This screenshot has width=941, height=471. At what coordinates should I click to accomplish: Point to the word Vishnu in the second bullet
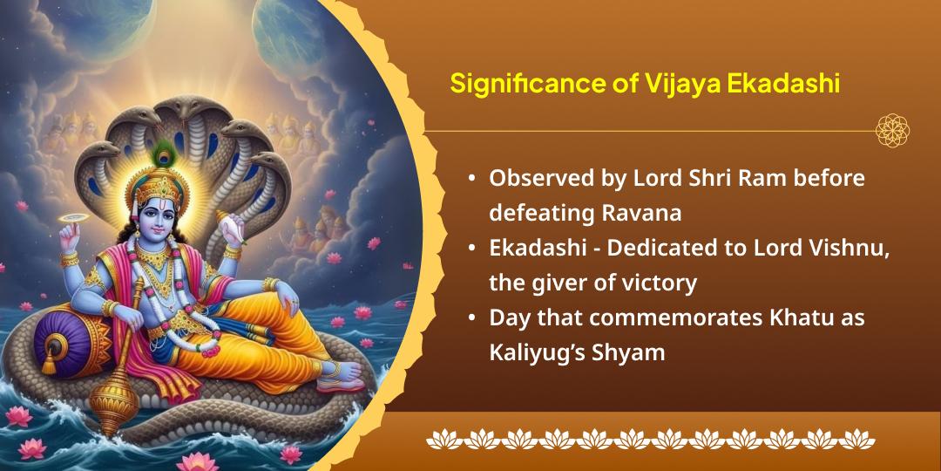(x=858, y=248)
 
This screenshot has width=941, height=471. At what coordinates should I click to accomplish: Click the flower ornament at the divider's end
(x=892, y=131)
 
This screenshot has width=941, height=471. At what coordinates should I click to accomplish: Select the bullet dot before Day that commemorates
(x=471, y=318)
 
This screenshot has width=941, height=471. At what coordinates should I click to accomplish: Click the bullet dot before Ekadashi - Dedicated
(x=471, y=249)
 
